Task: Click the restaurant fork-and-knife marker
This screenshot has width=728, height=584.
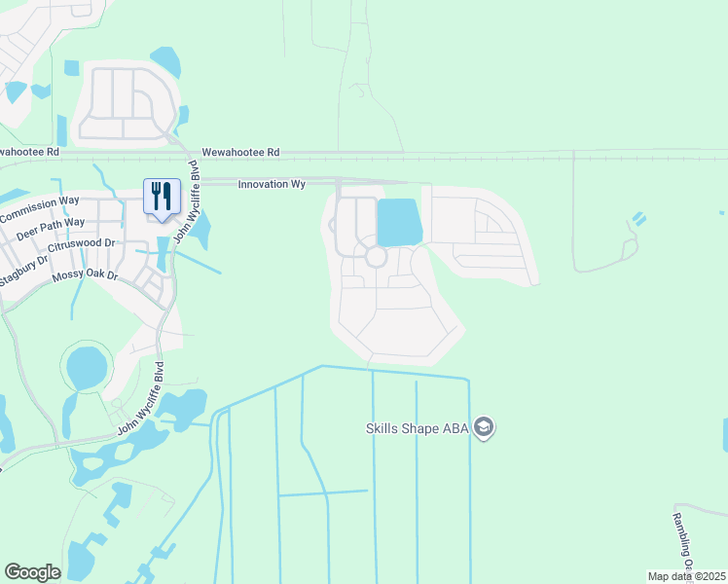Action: pyautogui.click(x=161, y=195)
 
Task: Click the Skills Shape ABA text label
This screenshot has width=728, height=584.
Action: pyautogui.click(x=419, y=428)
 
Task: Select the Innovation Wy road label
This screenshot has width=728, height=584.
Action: pyautogui.click(x=273, y=184)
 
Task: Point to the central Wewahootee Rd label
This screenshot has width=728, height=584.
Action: pyautogui.click(x=240, y=153)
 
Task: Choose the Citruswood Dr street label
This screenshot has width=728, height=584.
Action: pyautogui.click(x=82, y=244)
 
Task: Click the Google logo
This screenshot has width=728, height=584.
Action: pyautogui.click(x=32, y=572)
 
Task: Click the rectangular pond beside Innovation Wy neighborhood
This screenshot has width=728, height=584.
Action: pyautogui.click(x=399, y=222)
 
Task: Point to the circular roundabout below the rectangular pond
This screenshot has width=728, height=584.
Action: pyautogui.click(x=376, y=256)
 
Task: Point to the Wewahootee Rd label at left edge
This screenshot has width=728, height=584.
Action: pyautogui.click(x=29, y=152)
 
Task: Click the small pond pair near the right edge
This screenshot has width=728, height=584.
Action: pyautogui.click(x=638, y=219)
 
